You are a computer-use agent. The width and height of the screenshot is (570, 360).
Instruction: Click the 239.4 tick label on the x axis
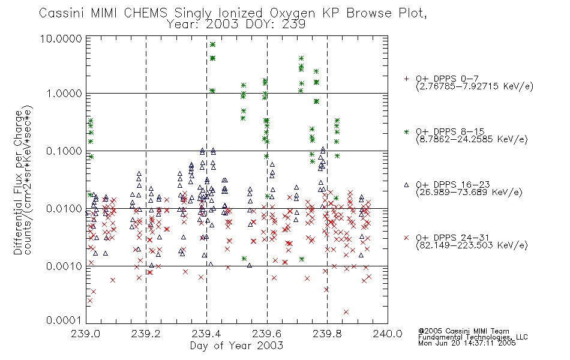click(x=206, y=334)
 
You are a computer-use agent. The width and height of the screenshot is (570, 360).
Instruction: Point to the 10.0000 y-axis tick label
click(x=61, y=38)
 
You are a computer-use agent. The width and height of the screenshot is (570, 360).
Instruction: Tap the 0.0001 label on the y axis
click(x=64, y=320)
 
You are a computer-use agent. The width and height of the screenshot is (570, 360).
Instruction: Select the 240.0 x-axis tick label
click(x=388, y=334)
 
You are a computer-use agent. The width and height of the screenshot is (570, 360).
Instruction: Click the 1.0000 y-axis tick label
click(x=64, y=94)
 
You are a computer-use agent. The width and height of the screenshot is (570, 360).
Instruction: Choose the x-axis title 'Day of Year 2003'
click(x=236, y=346)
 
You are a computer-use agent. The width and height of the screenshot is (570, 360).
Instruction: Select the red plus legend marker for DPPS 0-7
click(x=406, y=79)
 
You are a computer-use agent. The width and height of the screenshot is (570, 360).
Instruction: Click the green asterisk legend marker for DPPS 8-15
click(x=406, y=131)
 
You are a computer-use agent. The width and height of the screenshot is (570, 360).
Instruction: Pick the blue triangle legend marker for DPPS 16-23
click(x=406, y=185)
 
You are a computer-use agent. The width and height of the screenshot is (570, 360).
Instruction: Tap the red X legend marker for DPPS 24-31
click(x=406, y=238)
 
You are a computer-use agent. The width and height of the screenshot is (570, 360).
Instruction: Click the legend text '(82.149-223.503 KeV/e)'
click(x=472, y=245)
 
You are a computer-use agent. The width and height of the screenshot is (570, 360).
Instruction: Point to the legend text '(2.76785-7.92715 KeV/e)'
click(x=475, y=86)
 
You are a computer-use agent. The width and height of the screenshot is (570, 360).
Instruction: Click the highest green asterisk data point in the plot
click(x=212, y=44)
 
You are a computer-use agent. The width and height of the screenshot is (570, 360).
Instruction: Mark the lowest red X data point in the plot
click(x=346, y=312)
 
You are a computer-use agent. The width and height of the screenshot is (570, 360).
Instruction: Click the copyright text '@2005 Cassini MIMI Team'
click(x=464, y=331)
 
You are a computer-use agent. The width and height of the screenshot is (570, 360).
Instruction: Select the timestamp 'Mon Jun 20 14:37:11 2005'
click(x=467, y=343)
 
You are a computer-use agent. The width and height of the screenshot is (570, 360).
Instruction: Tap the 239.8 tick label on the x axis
click(x=327, y=334)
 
